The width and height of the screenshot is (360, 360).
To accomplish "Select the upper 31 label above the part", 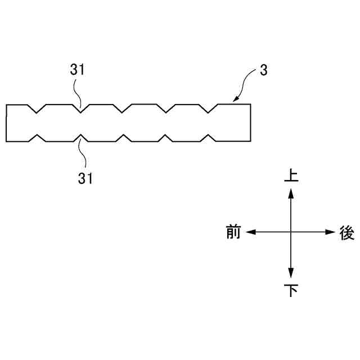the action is coord(77,70).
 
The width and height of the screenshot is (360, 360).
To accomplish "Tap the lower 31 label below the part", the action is coord(84,178).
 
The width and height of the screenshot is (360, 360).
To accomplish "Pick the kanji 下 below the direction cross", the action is coord(291,290).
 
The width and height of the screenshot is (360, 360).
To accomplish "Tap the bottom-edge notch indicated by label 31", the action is coord(81,137).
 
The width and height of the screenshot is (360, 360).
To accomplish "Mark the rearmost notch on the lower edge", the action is coord(210,137).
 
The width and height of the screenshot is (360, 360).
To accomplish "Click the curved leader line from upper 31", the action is coord(78,91).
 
